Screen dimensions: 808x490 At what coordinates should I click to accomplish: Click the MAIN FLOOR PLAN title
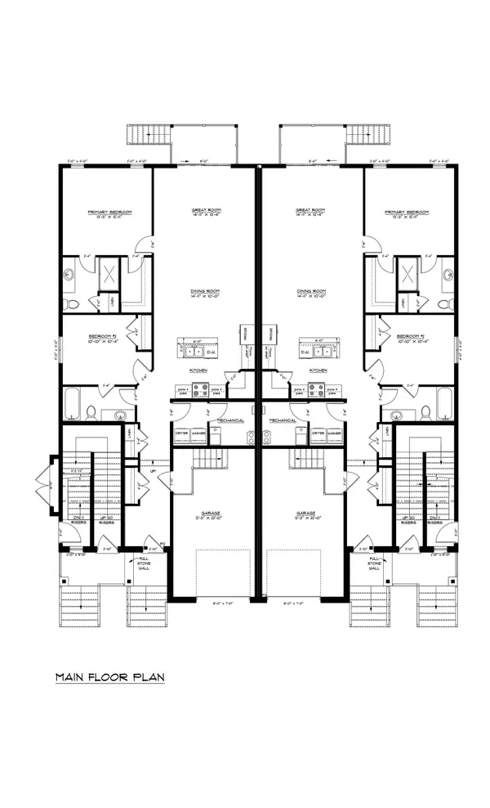[109, 678]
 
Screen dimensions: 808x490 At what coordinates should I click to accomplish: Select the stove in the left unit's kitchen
[184, 391]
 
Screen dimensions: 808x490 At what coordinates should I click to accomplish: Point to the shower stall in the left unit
[110, 276]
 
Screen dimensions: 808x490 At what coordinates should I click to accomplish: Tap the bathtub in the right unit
[444, 403]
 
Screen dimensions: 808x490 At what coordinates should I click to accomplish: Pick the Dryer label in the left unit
[181, 433]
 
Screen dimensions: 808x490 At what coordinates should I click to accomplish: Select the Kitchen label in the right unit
[318, 370]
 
